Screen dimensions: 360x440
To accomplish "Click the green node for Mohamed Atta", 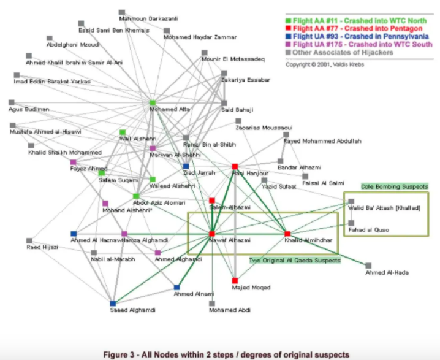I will (153, 103).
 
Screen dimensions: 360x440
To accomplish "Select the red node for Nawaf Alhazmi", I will (211, 234).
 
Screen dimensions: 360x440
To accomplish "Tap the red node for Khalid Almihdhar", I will (287, 234).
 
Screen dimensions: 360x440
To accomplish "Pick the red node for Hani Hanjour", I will (235, 166).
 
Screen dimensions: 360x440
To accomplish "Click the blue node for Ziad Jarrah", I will (186, 166).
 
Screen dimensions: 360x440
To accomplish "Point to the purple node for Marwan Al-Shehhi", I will (153, 148).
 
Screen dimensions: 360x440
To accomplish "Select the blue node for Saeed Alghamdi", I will (113, 303).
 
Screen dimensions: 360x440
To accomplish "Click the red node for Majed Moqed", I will (235, 280).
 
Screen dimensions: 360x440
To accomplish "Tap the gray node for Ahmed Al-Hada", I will (368, 266).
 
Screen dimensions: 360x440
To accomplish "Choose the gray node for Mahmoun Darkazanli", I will (122, 12).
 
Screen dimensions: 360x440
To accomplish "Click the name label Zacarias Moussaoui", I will (264, 128).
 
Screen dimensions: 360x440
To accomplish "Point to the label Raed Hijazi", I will (42, 247).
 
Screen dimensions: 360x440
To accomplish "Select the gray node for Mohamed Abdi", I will (211, 303).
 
